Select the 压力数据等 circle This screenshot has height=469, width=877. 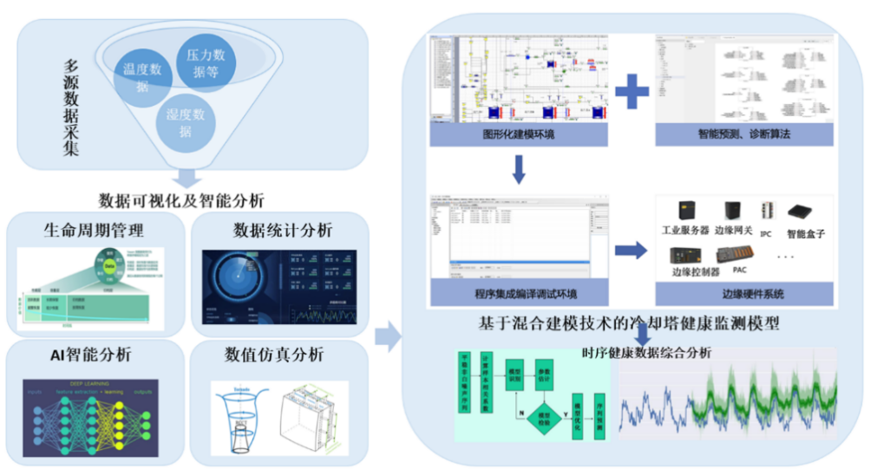(x=206, y=62)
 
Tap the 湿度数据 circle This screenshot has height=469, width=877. (x=185, y=122)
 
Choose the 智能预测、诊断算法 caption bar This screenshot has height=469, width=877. (x=743, y=134)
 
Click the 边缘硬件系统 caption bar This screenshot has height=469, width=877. (x=743, y=294)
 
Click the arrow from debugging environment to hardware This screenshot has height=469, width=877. (x=632, y=251)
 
